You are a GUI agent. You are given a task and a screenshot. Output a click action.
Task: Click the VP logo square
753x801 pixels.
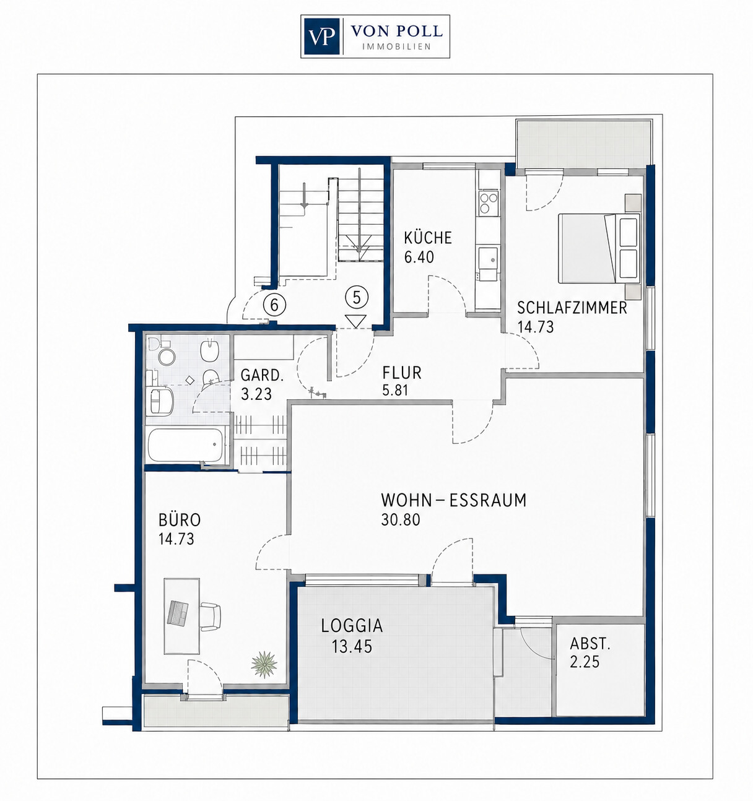pos(321,37)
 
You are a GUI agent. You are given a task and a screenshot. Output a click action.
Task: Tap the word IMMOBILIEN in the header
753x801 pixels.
pos(397,47)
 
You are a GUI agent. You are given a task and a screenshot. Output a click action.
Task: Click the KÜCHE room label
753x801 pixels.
pos(428,237)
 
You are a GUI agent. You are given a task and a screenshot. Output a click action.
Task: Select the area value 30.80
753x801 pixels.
pos(401,519)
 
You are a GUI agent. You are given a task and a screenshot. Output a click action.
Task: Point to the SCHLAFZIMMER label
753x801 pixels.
pos(572,308)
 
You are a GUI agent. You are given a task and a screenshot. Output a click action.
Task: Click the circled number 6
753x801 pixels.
pos(274,305)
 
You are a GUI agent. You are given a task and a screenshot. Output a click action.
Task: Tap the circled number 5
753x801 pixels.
pos(357,298)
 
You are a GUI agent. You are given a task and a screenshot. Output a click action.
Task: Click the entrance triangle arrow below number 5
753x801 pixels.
pos(356,321)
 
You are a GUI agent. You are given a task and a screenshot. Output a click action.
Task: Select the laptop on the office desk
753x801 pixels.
pos(177,613)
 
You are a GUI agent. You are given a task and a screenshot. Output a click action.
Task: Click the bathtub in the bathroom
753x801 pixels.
pos(185,445)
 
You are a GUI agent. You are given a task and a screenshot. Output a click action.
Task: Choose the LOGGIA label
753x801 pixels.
pos(352,626)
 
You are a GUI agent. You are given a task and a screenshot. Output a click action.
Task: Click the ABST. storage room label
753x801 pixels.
pos(590,644)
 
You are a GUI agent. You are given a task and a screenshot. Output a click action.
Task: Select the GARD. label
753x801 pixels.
pos(262,375)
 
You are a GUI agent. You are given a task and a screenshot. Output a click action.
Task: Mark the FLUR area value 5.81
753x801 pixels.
pos(395,390)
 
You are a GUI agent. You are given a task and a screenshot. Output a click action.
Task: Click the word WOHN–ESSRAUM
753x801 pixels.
pos(454,500)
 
